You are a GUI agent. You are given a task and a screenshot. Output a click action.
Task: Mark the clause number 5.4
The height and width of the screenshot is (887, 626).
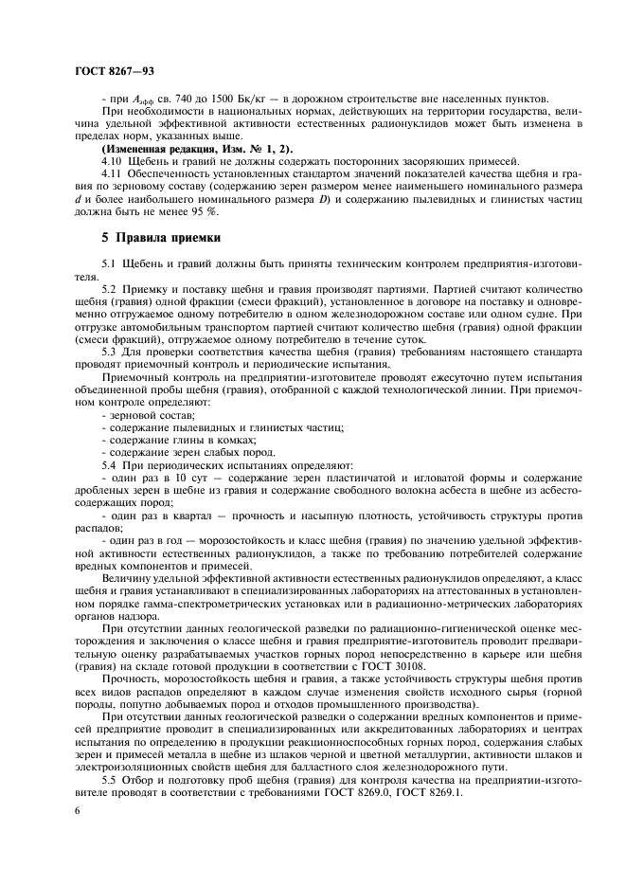110,465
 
